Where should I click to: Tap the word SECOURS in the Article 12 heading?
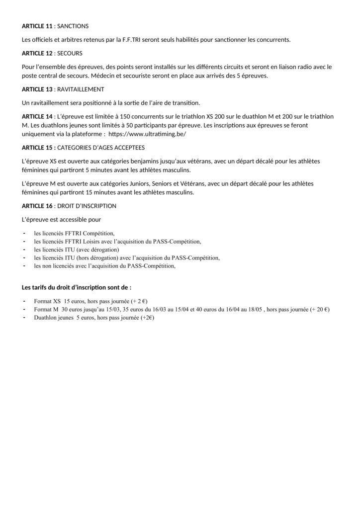(70, 53)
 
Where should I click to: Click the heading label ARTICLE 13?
(37, 89)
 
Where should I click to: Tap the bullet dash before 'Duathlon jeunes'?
(25, 317)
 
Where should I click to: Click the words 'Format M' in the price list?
(46, 309)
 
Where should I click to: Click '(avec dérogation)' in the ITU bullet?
(95, 250)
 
